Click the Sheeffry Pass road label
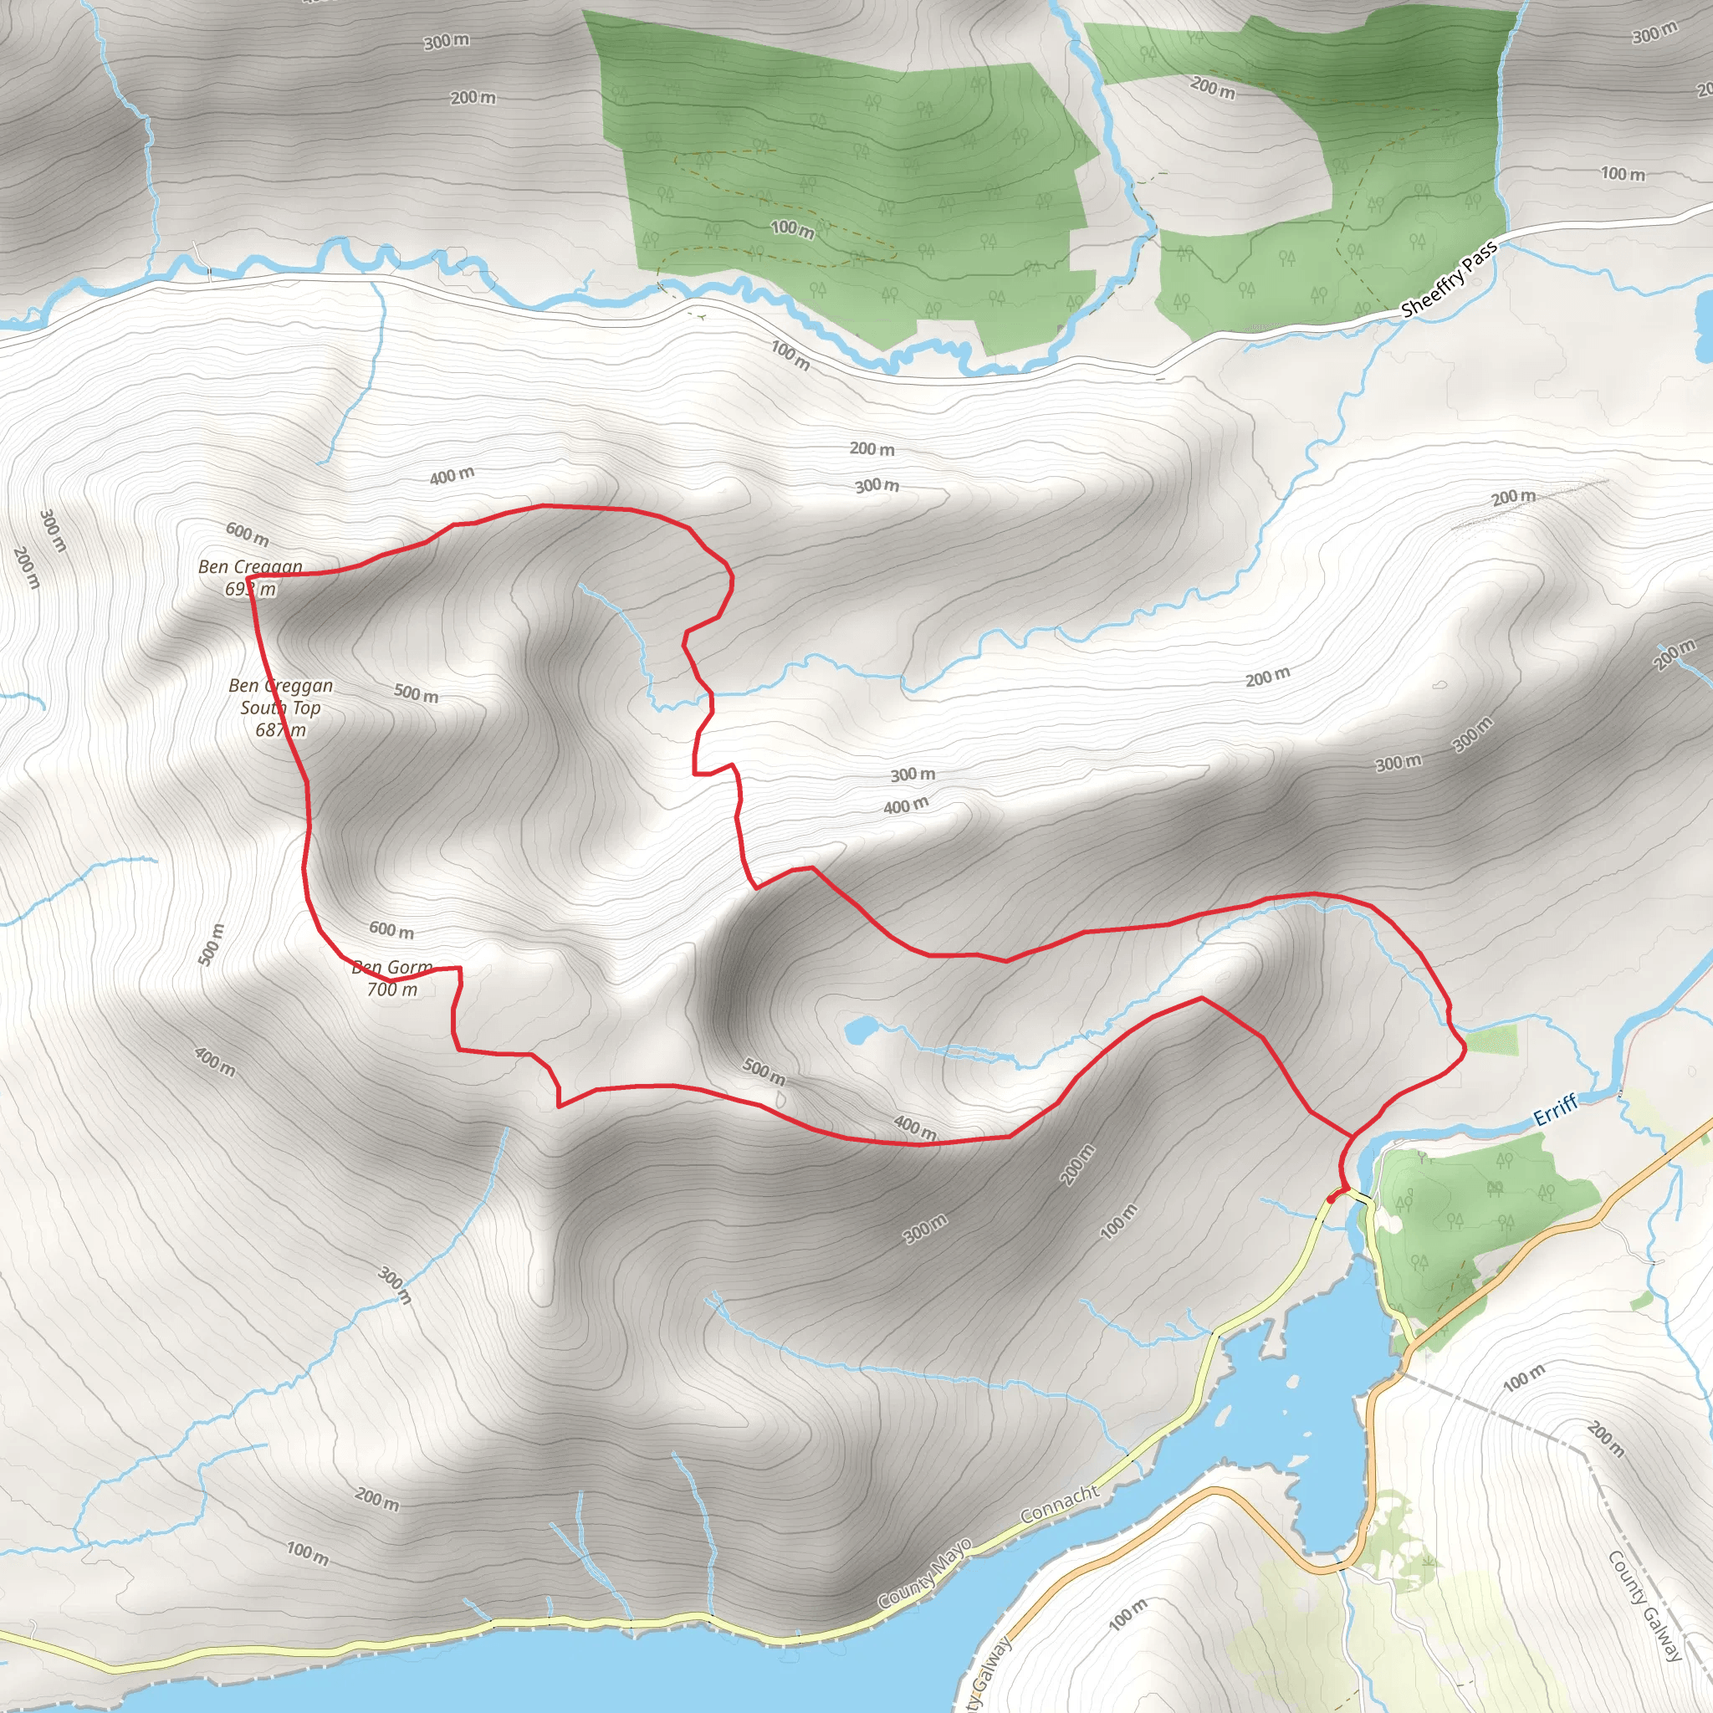(1449, 279)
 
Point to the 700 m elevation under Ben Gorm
(392, 989)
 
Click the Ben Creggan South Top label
(280, 696)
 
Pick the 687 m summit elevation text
(280, 729)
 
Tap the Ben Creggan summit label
(250, 565)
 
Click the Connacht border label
(1060, 1504)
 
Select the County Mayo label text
(925, 1575)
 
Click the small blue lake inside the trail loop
(857, 1030)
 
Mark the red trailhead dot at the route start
(1332, 1198)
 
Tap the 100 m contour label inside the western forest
(792, 228)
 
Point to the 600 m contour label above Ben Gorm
(391, 930)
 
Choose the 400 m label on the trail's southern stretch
(914, 1127)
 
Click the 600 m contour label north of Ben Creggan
(247, 534)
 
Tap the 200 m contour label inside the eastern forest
(1212, 88)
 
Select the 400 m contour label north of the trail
(452, 476)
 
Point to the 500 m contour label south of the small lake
(764, 1071)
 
